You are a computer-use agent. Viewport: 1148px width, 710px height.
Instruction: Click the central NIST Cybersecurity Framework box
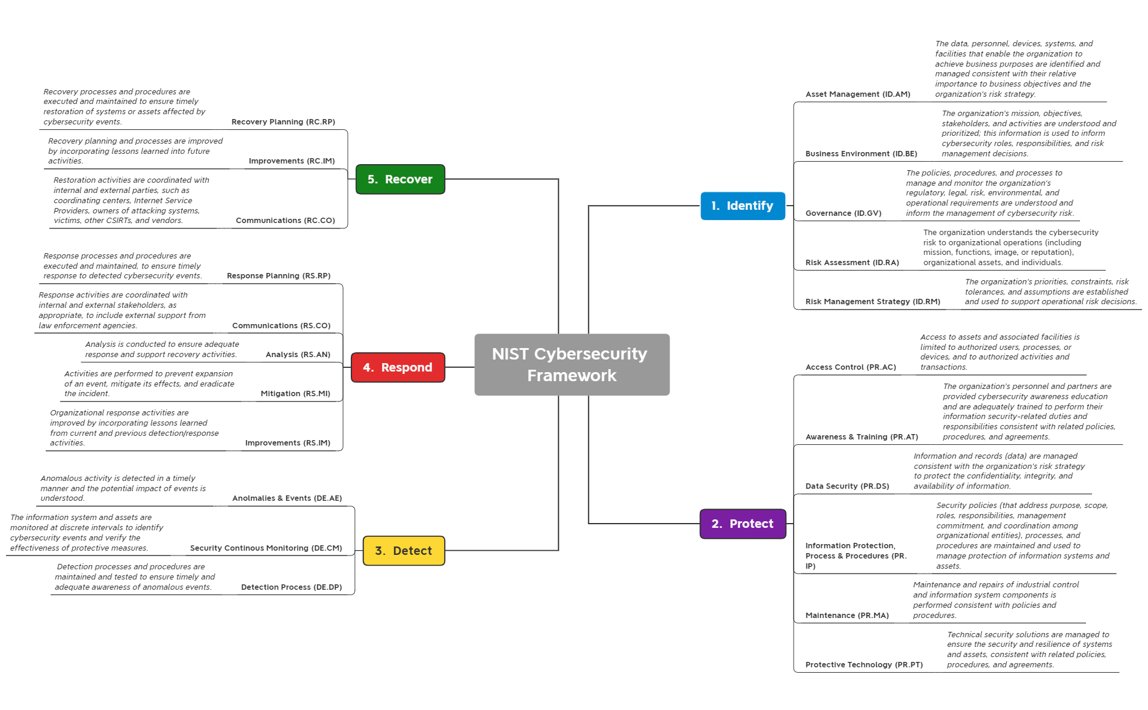click(572, 364)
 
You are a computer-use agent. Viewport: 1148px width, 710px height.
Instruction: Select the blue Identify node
click(742, 206)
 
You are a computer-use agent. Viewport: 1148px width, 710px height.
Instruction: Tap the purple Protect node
click(742, 524)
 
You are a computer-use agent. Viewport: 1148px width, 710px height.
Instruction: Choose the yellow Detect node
click(404, 551)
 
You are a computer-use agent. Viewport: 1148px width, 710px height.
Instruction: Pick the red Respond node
click(398, 367)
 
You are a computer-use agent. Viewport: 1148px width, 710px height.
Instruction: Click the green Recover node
click(400, 179)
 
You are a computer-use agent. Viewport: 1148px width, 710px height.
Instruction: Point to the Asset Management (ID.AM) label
click(857, 94)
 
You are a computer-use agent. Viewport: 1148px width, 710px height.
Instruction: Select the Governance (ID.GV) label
click(843, 213)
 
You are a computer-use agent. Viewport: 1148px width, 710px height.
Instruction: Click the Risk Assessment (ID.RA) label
click(852, 263)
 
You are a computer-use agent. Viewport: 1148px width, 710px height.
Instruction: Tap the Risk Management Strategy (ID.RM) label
click(872, 302)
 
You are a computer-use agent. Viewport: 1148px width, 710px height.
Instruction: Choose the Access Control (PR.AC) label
click(850, 367)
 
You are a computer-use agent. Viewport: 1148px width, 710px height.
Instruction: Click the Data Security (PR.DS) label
click(847, 486)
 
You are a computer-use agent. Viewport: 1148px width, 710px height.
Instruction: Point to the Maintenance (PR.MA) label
click(847, 616)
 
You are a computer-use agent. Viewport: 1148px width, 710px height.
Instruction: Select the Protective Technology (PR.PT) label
click(863, 665)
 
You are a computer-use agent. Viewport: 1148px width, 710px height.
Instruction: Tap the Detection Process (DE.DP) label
click(291, 587)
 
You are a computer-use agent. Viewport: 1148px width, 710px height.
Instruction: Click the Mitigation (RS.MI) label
click(295, 394)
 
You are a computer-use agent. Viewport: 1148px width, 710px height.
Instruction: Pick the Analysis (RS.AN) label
click(298, 355)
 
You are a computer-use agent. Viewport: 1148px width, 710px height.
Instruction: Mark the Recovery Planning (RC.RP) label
click(283, 122)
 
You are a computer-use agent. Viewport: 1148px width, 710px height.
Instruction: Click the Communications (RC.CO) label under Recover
click(285, 221)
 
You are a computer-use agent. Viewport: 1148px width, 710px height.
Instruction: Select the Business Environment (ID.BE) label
click(861, 154)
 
